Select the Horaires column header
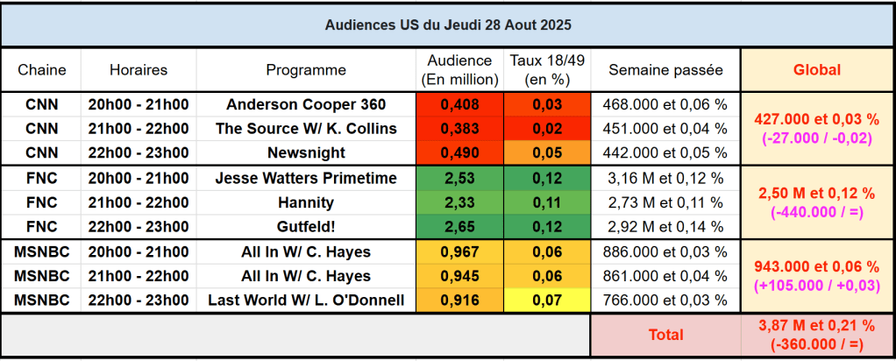point(139,70)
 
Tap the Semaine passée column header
point(665,70)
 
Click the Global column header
point(816,70)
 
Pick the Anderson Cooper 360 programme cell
point(306,104)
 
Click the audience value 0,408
point(459,104)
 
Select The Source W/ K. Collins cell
point(306,129)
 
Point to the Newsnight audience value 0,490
point(459,153)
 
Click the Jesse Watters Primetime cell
point(306,179)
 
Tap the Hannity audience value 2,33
point(459,203)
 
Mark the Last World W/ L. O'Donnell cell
point(306,301)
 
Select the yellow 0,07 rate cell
point(547,301)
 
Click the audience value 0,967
point(459,252)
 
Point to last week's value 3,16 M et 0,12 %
point(665,179)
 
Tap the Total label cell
point(665,335)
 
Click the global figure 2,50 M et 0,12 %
point(816,194)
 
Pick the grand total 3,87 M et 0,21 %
point(816,326)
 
